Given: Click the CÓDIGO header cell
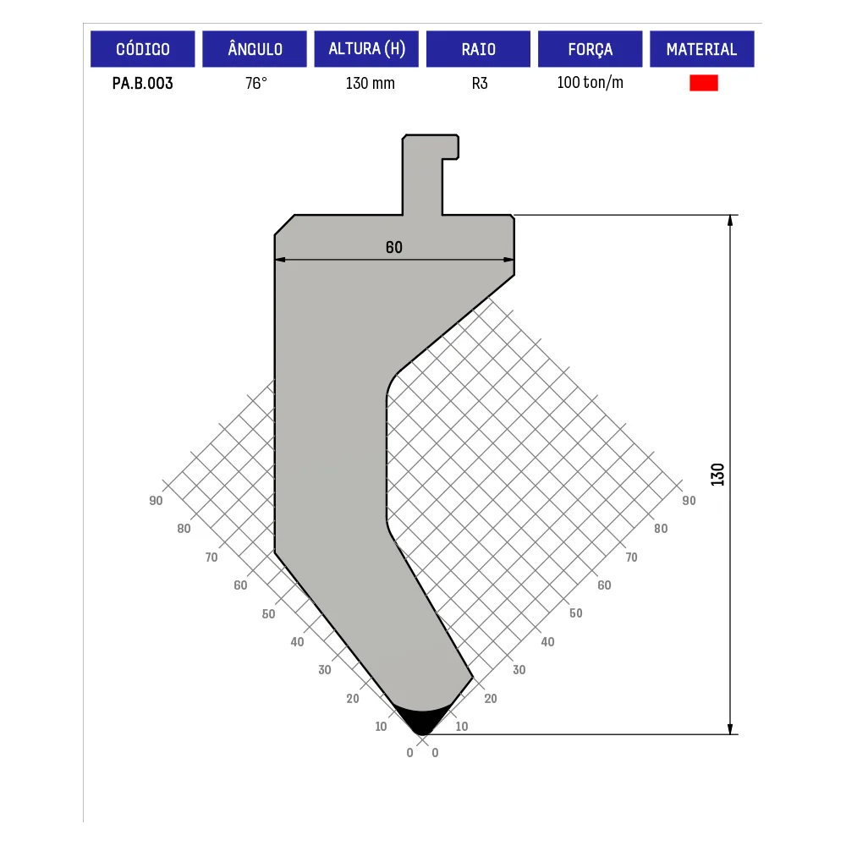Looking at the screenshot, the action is (x=142, y=49).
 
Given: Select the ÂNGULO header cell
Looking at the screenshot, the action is (x=255, y=49).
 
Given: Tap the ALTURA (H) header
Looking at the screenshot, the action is (x=366, y=49).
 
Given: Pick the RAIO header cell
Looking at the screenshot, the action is (x=479, y=49).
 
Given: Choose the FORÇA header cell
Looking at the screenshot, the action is (x=591, y=49).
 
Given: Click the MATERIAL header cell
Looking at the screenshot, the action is (x=702, y=49).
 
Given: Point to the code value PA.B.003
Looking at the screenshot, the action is (x=142, y=83).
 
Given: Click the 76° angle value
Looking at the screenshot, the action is (x=256, y=83).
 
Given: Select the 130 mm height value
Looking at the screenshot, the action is (x=371, y=83).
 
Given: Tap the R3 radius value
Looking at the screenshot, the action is (x=480, y=83).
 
